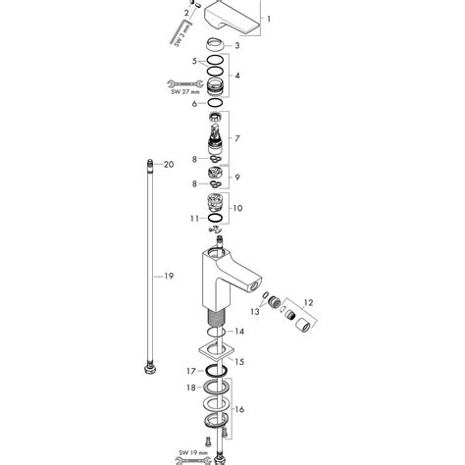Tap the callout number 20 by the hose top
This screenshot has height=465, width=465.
(x=168, y=164)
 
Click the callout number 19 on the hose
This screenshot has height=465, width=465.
(x=168, y=277)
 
